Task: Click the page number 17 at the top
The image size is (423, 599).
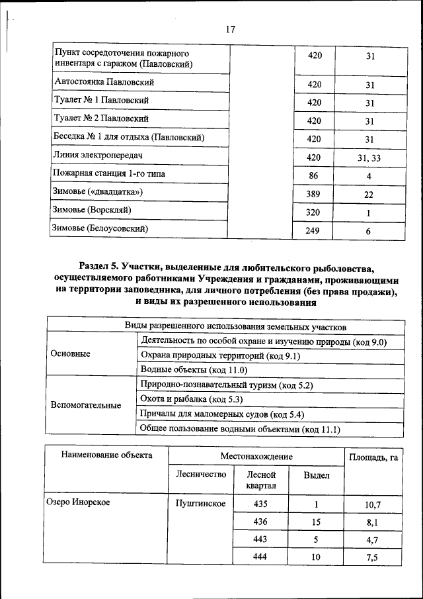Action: pos(230,29)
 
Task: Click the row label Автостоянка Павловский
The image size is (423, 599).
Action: pos(103,83)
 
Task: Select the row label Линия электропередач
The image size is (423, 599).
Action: pos(97,156)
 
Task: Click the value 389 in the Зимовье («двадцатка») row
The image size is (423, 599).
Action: pos(314,194)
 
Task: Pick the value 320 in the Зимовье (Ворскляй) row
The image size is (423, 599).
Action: pos(314,212)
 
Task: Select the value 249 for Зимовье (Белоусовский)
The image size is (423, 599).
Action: pos(314,230)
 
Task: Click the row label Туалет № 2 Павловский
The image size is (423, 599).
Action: pos(100,119)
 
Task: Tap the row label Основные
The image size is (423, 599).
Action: pos(70,353)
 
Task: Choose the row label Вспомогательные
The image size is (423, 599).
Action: pos(85,405)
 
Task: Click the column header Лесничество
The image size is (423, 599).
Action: pos(201,475)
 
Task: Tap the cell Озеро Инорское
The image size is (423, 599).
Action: pos(78,502)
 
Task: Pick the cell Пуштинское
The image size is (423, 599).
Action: pos(201,504)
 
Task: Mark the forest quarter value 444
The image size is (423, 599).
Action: pos(260,557)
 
